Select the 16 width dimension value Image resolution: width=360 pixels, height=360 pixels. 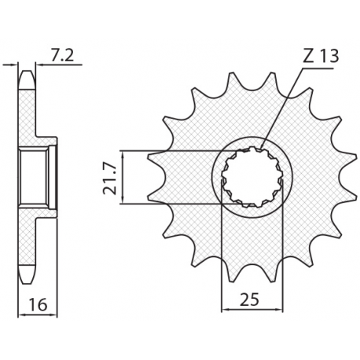pyautogui.click(x=38, y=304)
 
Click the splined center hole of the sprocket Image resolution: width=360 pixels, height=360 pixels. pyautogui.click(x=252, y=177)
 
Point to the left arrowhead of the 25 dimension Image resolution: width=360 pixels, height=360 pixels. pyautogui.click(x=225, y=309)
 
